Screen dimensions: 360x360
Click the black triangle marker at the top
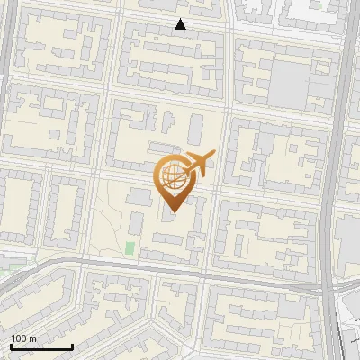click(x=181, y=24)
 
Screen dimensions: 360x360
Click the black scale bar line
click(x=41, y=346)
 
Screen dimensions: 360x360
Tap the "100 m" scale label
click(x=23, y=338)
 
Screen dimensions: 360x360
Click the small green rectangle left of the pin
click(x=130, y=247)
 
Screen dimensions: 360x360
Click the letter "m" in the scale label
click(x=32, y=338)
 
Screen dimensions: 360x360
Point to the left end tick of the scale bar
click(x=11, y=346)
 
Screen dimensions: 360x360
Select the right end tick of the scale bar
click(x=72, y=346)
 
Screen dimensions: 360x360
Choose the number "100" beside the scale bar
click(x=19, y=338)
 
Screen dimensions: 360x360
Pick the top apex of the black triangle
click(x=181, y=19)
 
